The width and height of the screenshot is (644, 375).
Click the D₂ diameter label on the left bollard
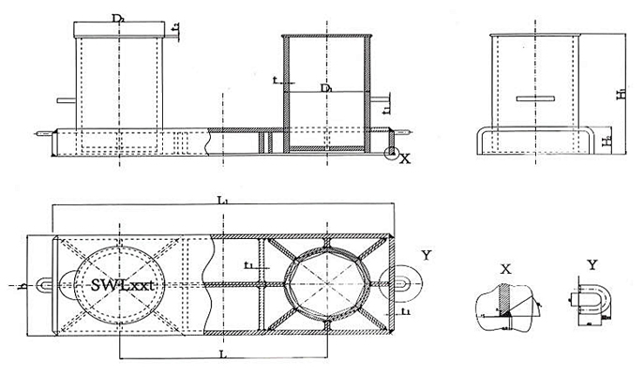pos(118,17)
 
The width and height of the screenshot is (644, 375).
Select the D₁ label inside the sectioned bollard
pos(326,88)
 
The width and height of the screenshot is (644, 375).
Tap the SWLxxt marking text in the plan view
pos(117,283)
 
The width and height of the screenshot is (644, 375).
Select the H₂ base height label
pos(608,142)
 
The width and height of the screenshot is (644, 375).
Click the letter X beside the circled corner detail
pos(406,159)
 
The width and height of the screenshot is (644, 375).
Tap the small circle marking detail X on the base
pos(392,152)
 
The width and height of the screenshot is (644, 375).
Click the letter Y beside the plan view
pos(426,255)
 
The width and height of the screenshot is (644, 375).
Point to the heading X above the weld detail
pos(505,268)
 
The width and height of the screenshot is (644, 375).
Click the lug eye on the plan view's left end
pos(45,283)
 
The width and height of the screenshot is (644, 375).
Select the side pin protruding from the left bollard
pos(64,100)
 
